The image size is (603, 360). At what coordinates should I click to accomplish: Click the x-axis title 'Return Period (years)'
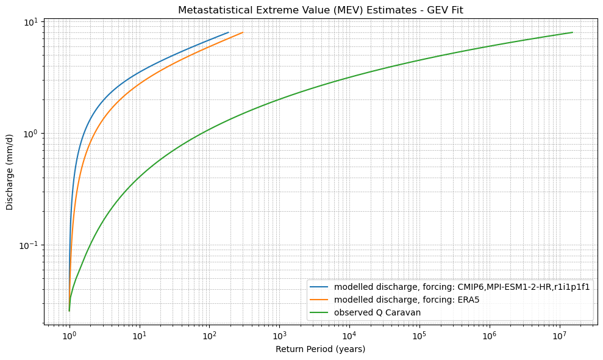click(x=320, y=349)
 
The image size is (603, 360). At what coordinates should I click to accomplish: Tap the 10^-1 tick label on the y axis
click(x=29, y=245)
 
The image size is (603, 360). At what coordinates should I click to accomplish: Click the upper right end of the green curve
click(x=573, y=32)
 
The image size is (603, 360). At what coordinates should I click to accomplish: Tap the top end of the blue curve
click(x=229, y=32)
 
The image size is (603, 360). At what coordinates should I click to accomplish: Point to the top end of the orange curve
click(x=243, y=32)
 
